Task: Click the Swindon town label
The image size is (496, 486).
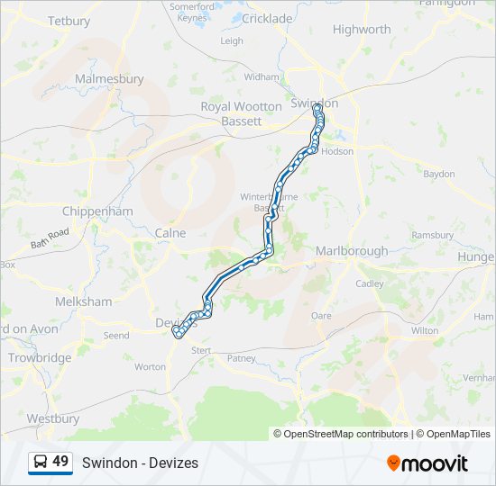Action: pos(312,102)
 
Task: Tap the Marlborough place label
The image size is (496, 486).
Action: pos(352,251)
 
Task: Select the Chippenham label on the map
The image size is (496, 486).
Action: pos(97,211)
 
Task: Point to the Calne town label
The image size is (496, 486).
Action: pos(170,233)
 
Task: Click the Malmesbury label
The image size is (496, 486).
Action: pos(109,79)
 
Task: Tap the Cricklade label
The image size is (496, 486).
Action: pos(267,18)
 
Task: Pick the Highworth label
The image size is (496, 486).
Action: pos(362,30)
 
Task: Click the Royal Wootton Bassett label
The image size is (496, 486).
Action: pos(242,112)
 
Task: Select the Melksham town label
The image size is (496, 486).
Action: pos(83,301)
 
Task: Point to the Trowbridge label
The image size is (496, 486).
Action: pos(40,357)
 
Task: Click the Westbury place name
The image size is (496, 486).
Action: pos(52,418)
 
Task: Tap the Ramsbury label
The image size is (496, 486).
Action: pos(432,235)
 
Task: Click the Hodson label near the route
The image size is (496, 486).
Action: pos(337,151)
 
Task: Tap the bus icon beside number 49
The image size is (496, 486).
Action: pos(41,463)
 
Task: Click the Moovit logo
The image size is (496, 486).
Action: pos(427,463)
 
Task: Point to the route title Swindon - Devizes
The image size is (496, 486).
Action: pos(140,463)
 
